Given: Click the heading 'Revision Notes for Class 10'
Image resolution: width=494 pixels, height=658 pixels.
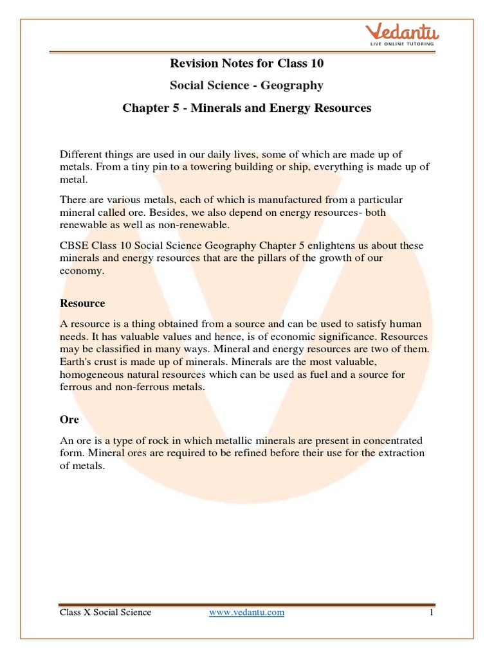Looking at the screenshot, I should [x=246, y=63].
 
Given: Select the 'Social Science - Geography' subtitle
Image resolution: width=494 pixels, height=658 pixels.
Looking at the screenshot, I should [x=246, y=85].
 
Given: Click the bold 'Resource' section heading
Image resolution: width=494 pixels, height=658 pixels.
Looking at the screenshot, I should [x=82, y=303].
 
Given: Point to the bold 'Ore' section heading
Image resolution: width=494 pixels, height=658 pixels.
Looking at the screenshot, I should [x=69, y=419].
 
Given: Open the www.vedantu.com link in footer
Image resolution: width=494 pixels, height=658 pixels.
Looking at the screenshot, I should [x=247, y=612].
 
